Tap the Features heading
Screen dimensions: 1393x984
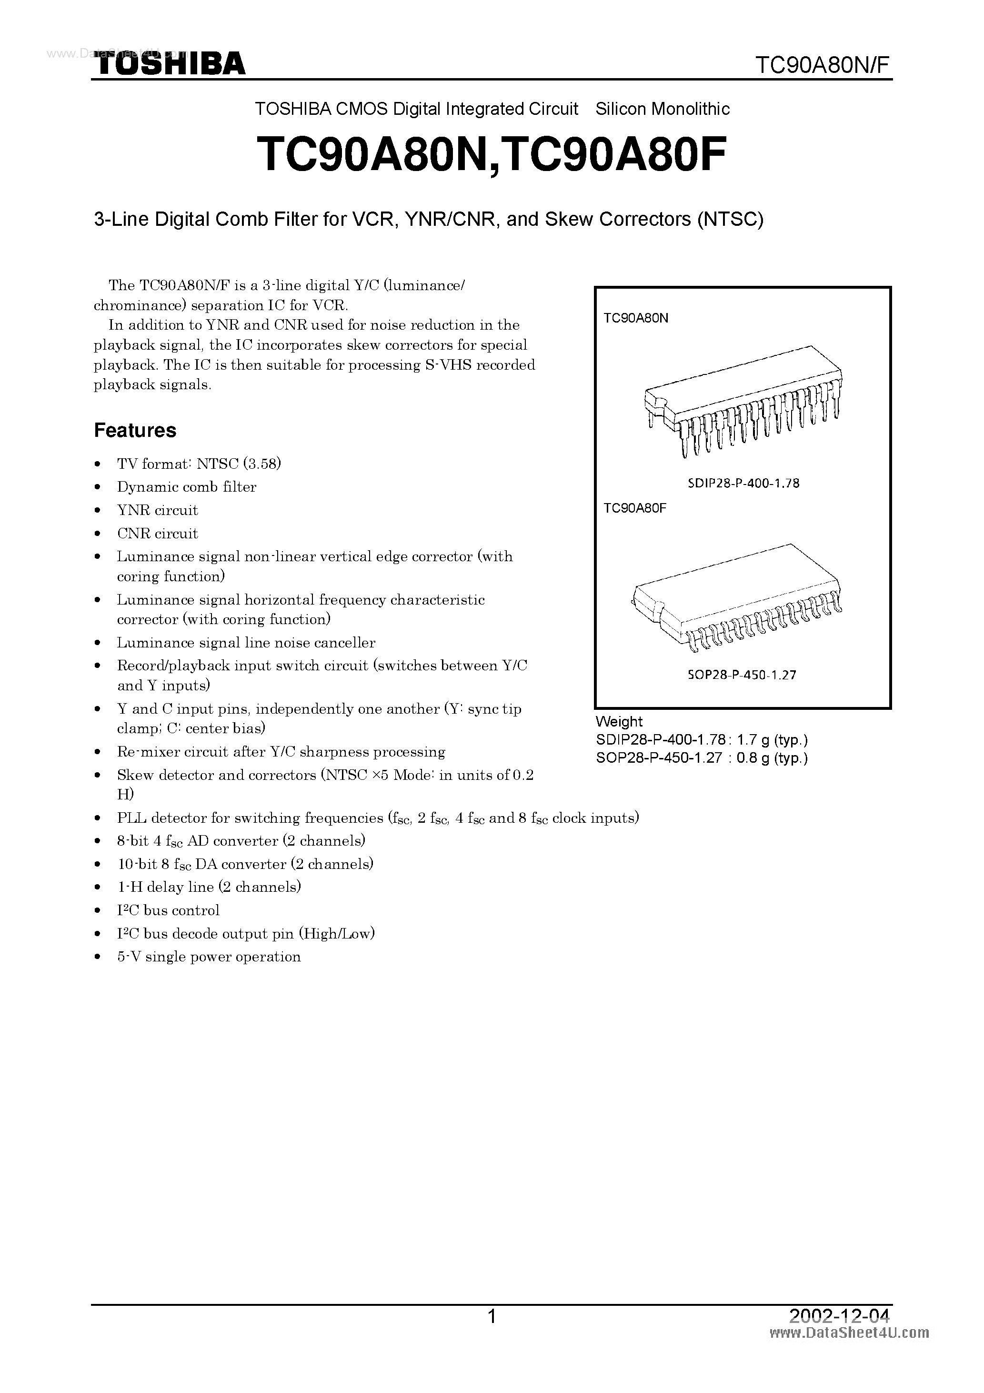pyautogui.click(x=135, y=430)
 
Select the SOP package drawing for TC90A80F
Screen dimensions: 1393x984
pyautogui.click(x=737, y=597)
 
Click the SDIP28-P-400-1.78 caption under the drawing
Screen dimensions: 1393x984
pyautogui.click(x=743, y=484)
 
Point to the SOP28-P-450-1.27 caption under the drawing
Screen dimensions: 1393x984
pyautogui.click(x=742, y=674)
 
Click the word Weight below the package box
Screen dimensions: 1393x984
pyautogui.click(x=618, y=721)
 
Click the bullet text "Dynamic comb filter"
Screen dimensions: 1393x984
pyautogui.click(x=186, y=487)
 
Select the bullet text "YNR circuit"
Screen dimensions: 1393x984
pyautogui.click(x=157, y=510)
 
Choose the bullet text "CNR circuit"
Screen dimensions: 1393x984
pyautogui.click(x=157, y=533)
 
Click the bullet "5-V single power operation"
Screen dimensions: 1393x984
pyautogui.click(x=209, y=957)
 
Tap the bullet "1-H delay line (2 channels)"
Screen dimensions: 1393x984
pyautogui.click(x=209, y=887)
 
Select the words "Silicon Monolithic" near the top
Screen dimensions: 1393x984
pyautogui.click(x=663, y=109)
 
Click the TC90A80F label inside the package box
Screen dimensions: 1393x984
pyautogui.click(x=634, y=508)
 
